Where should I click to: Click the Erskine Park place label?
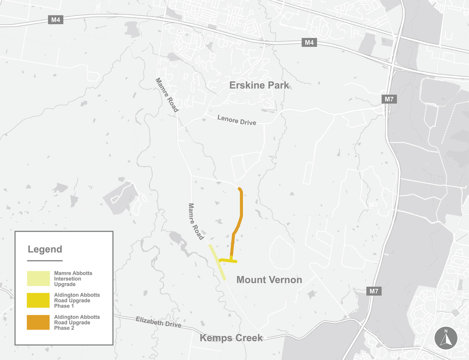(259, 85)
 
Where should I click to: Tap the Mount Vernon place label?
(269, 280)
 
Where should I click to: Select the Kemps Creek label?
(231, 338)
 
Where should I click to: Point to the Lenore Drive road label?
(237, 120)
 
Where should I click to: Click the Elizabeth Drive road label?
(158, 322)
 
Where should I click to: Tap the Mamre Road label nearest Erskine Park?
(167, 95)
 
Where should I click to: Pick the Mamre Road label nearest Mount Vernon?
(196, 221)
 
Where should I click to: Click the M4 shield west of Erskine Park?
(56, 20)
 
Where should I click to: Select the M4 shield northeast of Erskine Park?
(309, 42)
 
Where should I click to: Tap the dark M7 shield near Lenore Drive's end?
(389, 99)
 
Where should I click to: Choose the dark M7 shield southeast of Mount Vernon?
(374, 291)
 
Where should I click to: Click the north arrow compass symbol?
(446, 338)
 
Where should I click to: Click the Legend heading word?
(45, 249)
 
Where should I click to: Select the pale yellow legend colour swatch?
(38, 278)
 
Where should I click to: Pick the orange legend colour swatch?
(38, 322)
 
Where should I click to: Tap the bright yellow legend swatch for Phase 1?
(38, 300)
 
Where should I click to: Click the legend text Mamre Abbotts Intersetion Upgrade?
(73, 278)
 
